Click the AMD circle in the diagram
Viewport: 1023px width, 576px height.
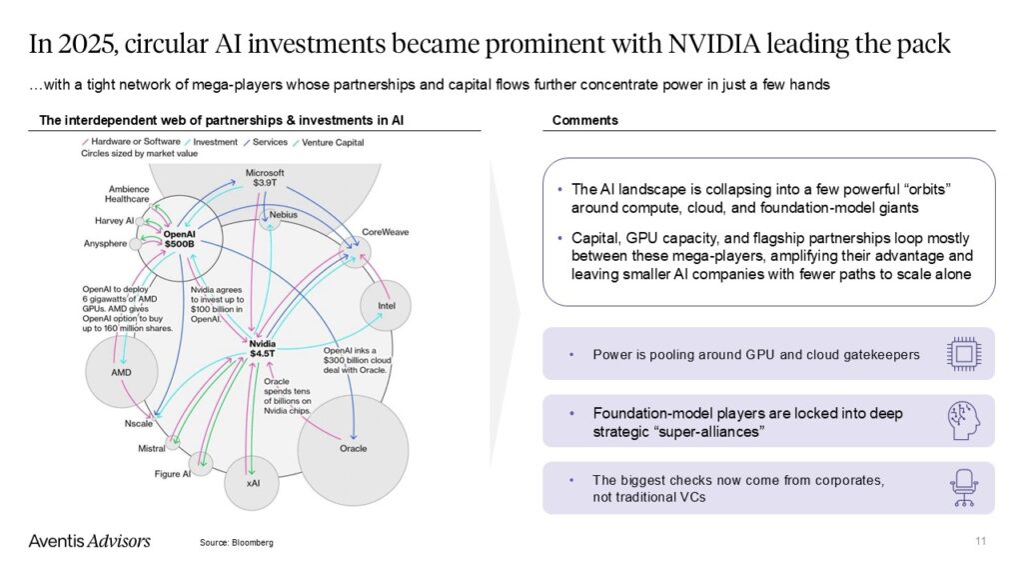tap(121, 372)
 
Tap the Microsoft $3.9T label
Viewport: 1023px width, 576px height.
tap(265, 178)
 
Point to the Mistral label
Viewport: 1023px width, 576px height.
tap(151, 449)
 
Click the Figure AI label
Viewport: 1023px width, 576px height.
tap(172, 474)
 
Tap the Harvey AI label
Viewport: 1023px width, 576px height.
tap(115, 220)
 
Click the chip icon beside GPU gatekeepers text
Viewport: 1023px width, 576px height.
tap(962, 354)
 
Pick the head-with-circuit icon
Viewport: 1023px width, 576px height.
tap(962, 420)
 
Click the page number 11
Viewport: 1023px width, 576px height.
tap(980, 541)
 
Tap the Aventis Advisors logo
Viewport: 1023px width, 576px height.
tap(90, 541)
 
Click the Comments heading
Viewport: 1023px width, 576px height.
tap(585, 121)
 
